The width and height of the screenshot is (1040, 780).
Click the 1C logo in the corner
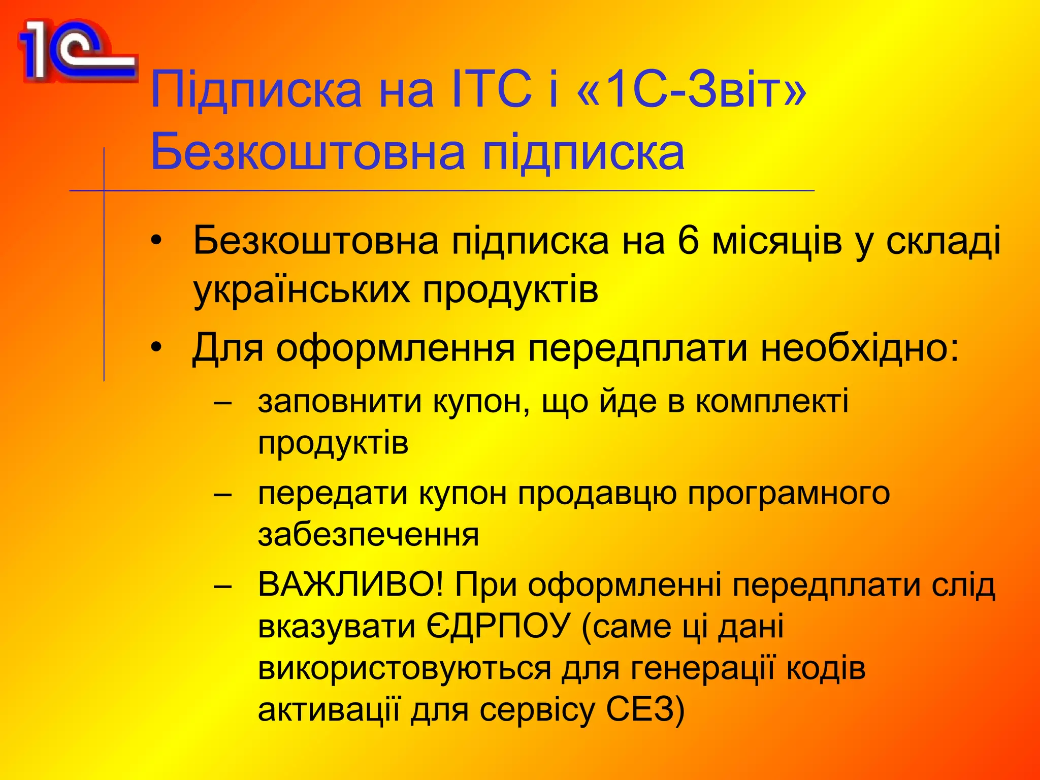click(x=76, y=51)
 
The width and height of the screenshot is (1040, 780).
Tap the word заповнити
click(x=340, y=402)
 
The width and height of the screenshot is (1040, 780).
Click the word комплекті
click(x=772, y=402)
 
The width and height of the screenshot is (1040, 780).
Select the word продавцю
click(x=597, y=493)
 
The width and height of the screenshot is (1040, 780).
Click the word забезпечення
click(x=368, y=535)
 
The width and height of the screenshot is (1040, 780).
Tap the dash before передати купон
click(x=222, y=494)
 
